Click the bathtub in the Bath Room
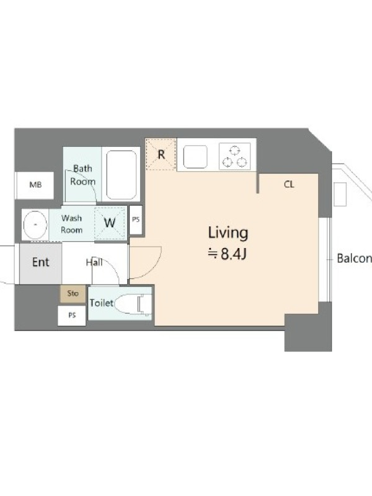pos(122,175)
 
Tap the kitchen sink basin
pos(195,157)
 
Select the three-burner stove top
pos(235,156)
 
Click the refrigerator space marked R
pos(161,154)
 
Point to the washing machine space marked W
pos(110,223)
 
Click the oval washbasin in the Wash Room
pos(35,224)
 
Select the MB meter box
pos(35,185)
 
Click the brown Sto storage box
pos(73,294)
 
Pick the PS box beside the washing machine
pos(136,219)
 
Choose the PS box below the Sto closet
pos(72,316)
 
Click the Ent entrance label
pos(40,262)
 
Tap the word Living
pos(228,233)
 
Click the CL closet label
pos(289,184)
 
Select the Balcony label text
pos(354,259)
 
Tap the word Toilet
pos(102,303)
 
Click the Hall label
pos(94,262)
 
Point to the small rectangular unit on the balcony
pos(340,195)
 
